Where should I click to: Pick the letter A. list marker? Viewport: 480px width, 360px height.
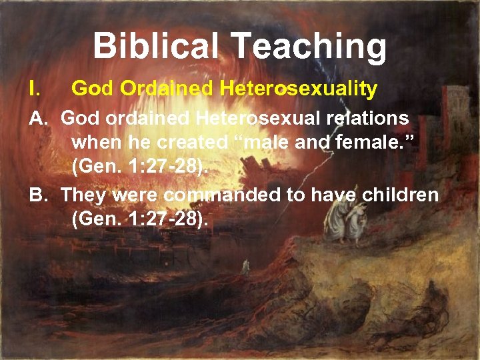point(39,119)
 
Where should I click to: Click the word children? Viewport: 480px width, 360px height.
point(400,195)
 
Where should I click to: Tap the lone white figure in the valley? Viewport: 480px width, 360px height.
point(245,267)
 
